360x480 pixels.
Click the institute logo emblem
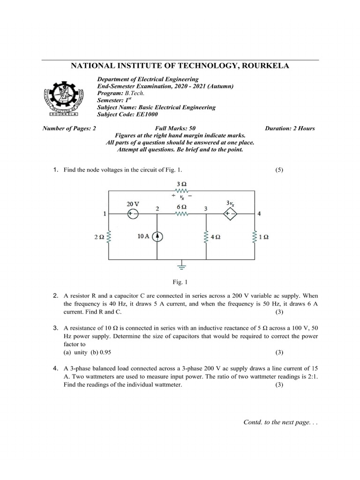[x=61, y=96]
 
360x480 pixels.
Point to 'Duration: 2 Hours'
[x=290, y=128]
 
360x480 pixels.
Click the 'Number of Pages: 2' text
[x=69, y=128]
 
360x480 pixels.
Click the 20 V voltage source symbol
[x=133, y=214]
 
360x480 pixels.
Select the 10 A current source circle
[x=157, y=237]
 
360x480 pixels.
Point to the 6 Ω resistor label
[x=181, y=207]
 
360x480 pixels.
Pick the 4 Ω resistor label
[x=216, y=237]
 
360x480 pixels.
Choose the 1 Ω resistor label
[x=264, y=237]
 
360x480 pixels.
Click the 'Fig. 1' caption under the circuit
[x=180, y=282]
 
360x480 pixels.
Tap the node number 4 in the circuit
[x=259, y=214]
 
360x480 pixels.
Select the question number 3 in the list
[x=55, y=328]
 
